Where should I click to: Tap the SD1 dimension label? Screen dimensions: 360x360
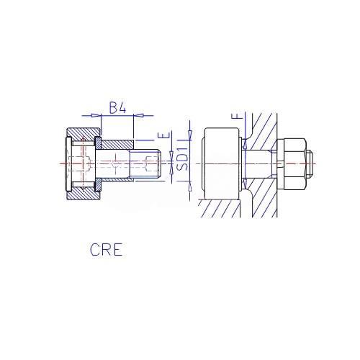(183, 159)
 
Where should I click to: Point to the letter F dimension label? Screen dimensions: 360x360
(237, 117)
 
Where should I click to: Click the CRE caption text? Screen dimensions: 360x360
(107, 249)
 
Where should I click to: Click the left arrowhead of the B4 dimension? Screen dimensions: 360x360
(96, 115)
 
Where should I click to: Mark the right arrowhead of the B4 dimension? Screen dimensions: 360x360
(138, 115)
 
